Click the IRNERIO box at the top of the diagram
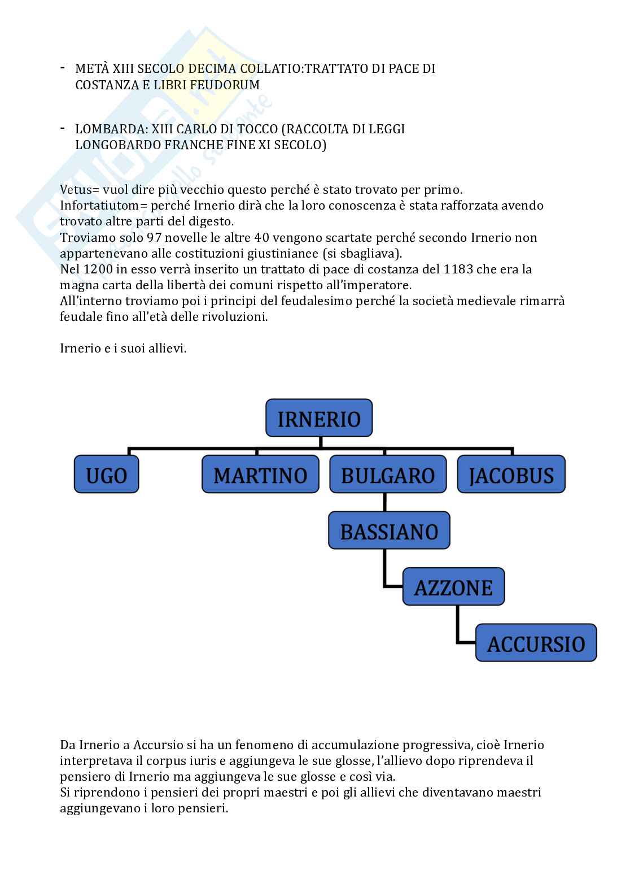pyautogui.click(x=319, y=419)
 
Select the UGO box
pyautogui.click(x=106, y=475)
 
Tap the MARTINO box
pyautogui.click(x=260, y=475)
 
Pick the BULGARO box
pyautogui.click(x=388, y=475)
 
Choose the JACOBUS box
pyautogui.click(x=511, y=475)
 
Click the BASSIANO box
pyautogui.click(x=389, y=531)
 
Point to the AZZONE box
pyautogui.click(x=453, y=588)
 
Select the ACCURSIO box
pyautogui.click(x=536, y=643)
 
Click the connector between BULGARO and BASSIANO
pyautogui.click(x=384, y=503)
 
